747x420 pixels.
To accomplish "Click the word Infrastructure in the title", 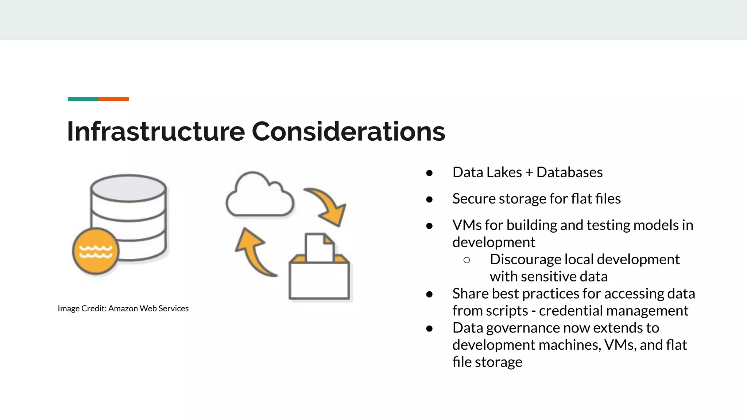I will tap(156, 131).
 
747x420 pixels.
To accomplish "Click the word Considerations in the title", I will tap(348, 131).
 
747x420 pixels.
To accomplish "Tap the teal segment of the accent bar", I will tap(83, 99).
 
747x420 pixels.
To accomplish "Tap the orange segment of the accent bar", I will tap(113, 99).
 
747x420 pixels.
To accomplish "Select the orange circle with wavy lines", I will tap(96, 251).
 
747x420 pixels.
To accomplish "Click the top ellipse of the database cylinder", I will tap(128, 188).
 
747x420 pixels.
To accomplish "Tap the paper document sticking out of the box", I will tap(319, 248).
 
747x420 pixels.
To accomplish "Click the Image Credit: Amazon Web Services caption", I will tap(123, 308).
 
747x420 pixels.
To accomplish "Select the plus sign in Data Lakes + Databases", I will tap(529, 172).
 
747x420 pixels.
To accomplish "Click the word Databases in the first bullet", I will tap(569, 172).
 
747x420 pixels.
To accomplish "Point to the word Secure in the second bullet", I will tap(474, 199).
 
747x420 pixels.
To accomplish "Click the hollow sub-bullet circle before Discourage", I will tap(467, 260).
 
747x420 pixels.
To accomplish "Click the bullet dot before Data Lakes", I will tap(429, 173).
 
